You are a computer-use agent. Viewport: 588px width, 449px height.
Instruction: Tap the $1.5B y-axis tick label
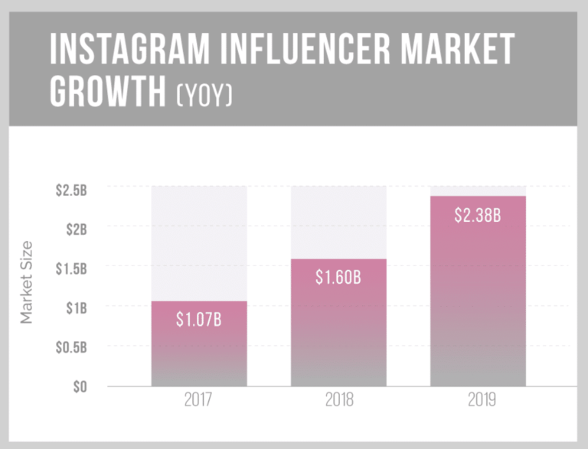click(71, 268)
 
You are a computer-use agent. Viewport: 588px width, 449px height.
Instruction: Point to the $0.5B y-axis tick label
click(71, 347)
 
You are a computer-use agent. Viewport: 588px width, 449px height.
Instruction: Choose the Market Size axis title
click(28, 285)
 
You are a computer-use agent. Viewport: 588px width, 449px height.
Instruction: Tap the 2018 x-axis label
click(338, 402)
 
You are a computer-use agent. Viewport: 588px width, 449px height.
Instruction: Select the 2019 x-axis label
click(478, 402)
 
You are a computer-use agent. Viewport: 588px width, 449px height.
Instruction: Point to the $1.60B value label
click(338, 278)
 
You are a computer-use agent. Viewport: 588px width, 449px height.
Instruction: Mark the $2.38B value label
click(478, 216)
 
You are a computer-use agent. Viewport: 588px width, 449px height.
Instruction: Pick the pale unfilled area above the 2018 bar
click(338, 222)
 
